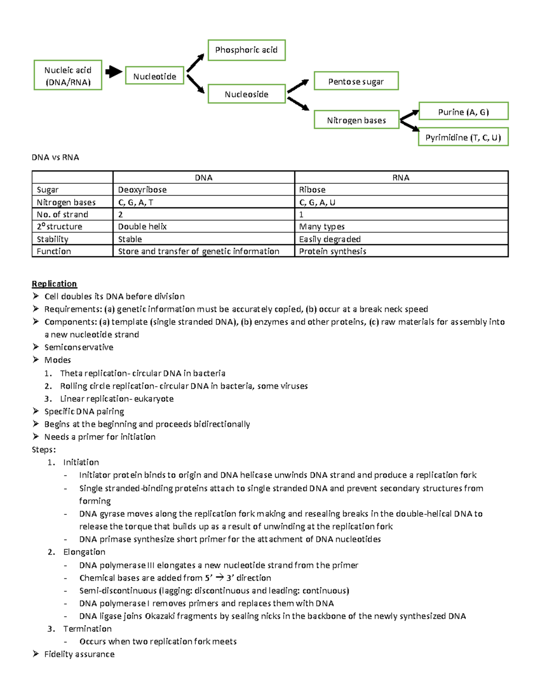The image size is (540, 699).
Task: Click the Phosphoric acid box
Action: click(246, 50)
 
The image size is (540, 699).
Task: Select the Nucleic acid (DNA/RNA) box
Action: click(68, 75)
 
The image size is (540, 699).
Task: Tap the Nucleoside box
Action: click(246, 94)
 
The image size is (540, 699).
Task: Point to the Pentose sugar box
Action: click(356, 81)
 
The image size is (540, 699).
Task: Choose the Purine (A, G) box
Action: click(463, 112)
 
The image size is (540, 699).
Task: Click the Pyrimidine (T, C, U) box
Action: click(463, 137)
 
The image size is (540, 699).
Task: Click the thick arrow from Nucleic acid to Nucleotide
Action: click(113, 72)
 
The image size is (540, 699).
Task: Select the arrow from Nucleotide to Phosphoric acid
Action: click(195, 63)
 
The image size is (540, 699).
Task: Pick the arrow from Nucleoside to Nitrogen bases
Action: click(298, 104)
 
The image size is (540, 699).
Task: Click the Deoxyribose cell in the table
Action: click(142, 189)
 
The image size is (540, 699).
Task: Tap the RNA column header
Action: click(400, 177)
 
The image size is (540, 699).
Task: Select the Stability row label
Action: click(53, 239)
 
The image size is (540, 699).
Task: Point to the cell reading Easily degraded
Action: click(330, 239)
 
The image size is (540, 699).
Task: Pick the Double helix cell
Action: click(142, 226)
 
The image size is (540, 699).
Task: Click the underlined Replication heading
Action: click(54, 284)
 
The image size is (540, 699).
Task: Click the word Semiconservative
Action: click(79, 347)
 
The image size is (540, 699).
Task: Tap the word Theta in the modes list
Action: click(71, 373)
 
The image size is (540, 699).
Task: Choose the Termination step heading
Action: click(87, 628)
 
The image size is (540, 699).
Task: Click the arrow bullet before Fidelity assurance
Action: click(36, 654)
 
